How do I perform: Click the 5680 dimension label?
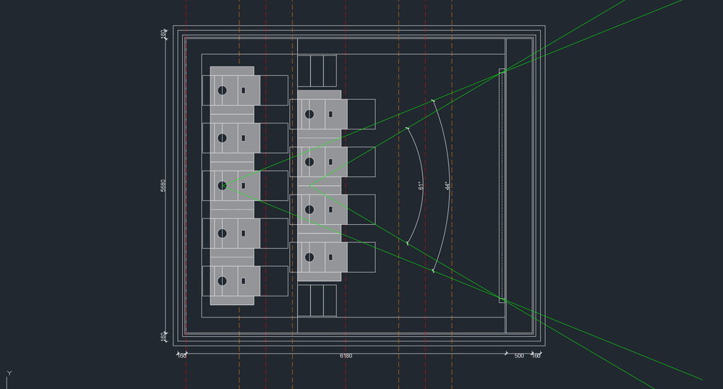163,186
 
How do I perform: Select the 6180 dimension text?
346,356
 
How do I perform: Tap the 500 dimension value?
519,356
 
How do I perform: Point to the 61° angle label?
421,186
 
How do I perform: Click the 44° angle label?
447,186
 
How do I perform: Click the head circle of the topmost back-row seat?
223,90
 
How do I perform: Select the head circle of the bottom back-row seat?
223,281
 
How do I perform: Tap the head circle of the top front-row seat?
309,114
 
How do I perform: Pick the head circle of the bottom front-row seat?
309,257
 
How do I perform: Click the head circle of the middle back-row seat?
223,185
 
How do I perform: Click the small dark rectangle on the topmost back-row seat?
244,90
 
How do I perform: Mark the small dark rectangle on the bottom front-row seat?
330,257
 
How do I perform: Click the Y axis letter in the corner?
9,373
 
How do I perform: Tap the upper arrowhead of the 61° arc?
408,129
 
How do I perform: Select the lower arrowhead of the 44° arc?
433,271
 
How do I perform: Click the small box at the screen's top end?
502,72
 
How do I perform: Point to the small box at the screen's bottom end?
502,299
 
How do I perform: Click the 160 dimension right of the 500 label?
536,356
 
